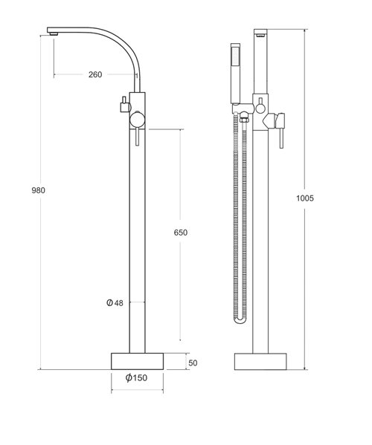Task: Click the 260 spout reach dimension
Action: [x=94, y=74]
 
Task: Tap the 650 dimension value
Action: [x=180, y=232]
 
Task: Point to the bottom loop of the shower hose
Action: [x=240, y=320]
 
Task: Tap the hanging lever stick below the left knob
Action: [x=136, y=140]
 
